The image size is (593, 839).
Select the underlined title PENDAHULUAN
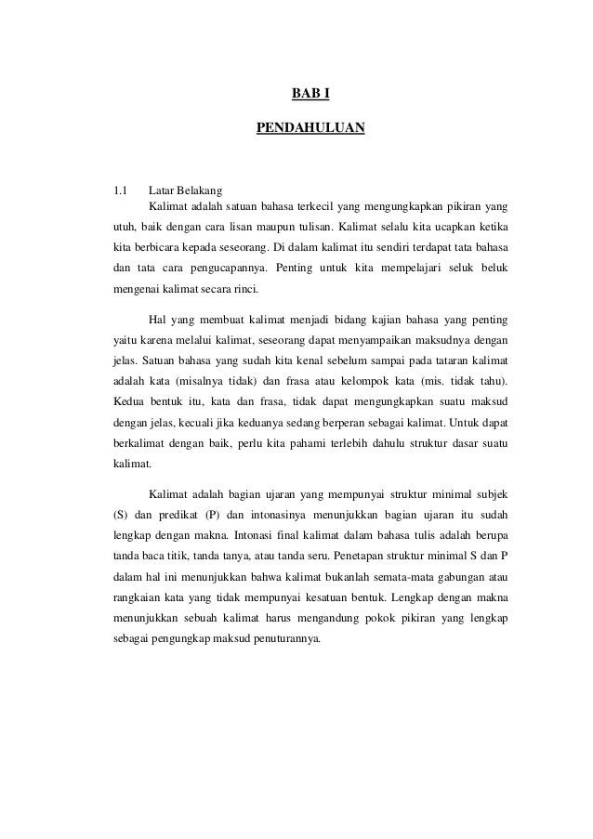(310, 125)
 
